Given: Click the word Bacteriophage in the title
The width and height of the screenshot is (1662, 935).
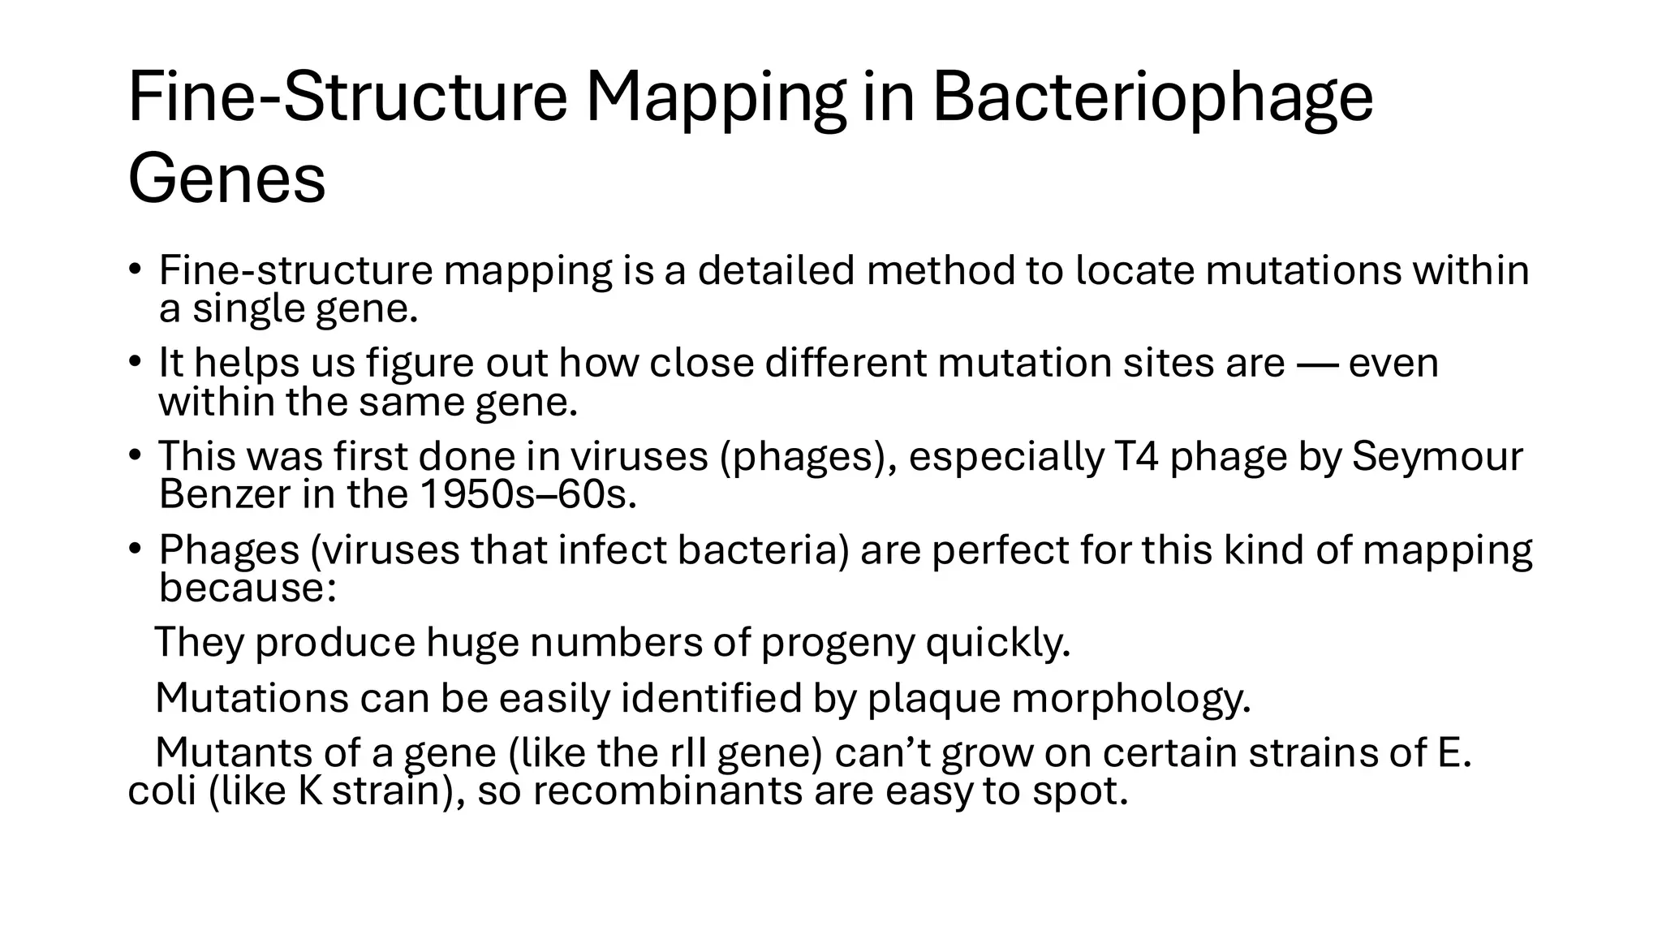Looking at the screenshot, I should (1152, 99).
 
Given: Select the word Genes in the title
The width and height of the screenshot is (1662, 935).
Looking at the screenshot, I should (226, 180).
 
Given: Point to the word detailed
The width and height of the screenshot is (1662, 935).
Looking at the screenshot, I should (776, 270).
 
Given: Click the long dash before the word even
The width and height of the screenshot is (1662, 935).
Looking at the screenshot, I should (1317, 363).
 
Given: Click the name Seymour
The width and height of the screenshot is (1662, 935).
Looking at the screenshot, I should (1437, 456).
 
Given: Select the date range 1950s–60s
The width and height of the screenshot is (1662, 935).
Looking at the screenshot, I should (528, 494).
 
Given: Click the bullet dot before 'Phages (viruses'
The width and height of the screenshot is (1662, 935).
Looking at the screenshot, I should (135, 549).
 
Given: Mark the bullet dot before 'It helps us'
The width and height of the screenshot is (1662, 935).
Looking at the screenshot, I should (135, 361).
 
